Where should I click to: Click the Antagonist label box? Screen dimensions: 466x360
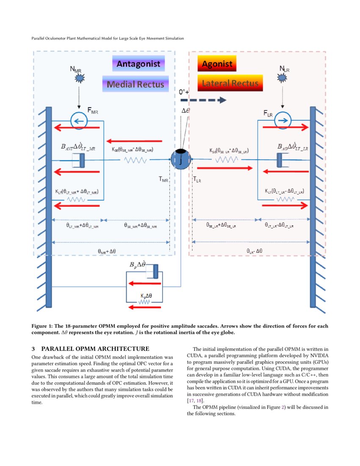tap(138, 64)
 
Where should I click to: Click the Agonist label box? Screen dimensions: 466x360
tap(217, 64)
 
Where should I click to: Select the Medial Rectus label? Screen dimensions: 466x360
tap(136, 84)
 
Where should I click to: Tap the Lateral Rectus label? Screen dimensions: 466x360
tap(230, 83)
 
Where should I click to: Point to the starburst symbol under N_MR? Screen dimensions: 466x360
tap(79, 79)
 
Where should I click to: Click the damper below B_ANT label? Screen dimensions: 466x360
tap(78, 160)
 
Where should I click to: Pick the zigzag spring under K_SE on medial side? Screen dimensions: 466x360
tap(135, 160)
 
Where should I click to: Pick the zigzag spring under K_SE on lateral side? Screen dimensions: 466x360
tap(227, 160)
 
